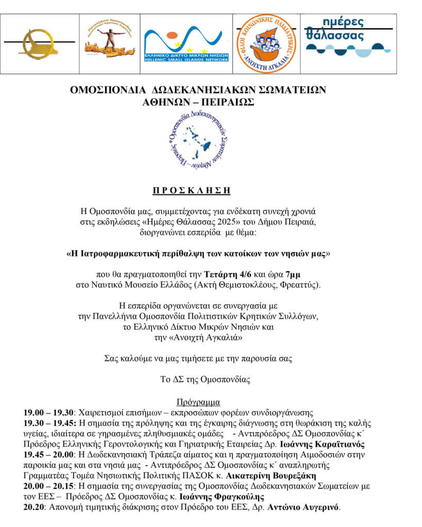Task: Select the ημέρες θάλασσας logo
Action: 348,36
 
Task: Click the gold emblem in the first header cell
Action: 38,43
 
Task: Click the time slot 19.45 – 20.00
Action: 48,455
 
